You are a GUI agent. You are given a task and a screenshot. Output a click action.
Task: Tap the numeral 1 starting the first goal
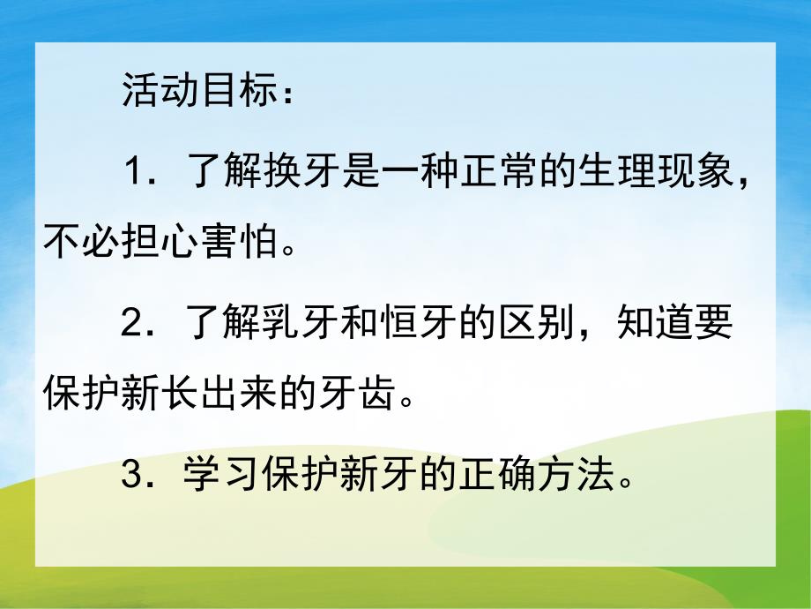coord(134,170)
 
